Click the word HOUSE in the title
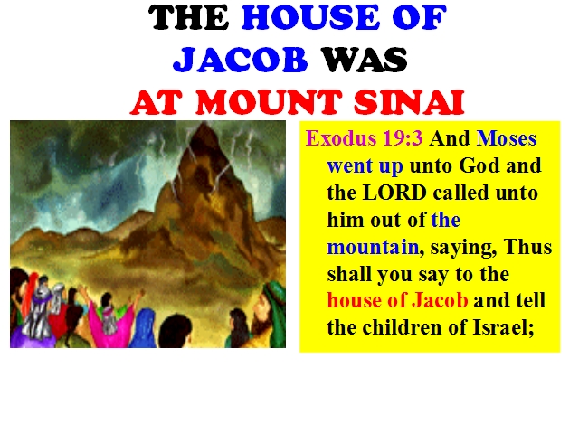pos(310,17)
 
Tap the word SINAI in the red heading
pos(409,102)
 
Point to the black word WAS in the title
pos(364,60)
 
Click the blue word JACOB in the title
pos(240,60)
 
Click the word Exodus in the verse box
pos(340,138)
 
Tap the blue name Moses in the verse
pos(507,138)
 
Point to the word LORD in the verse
pos(394,193)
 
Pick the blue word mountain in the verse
pos(373,247)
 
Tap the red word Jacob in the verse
pos(440,300)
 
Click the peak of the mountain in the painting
pos(203,125)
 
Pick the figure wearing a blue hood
pos(144,327)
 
